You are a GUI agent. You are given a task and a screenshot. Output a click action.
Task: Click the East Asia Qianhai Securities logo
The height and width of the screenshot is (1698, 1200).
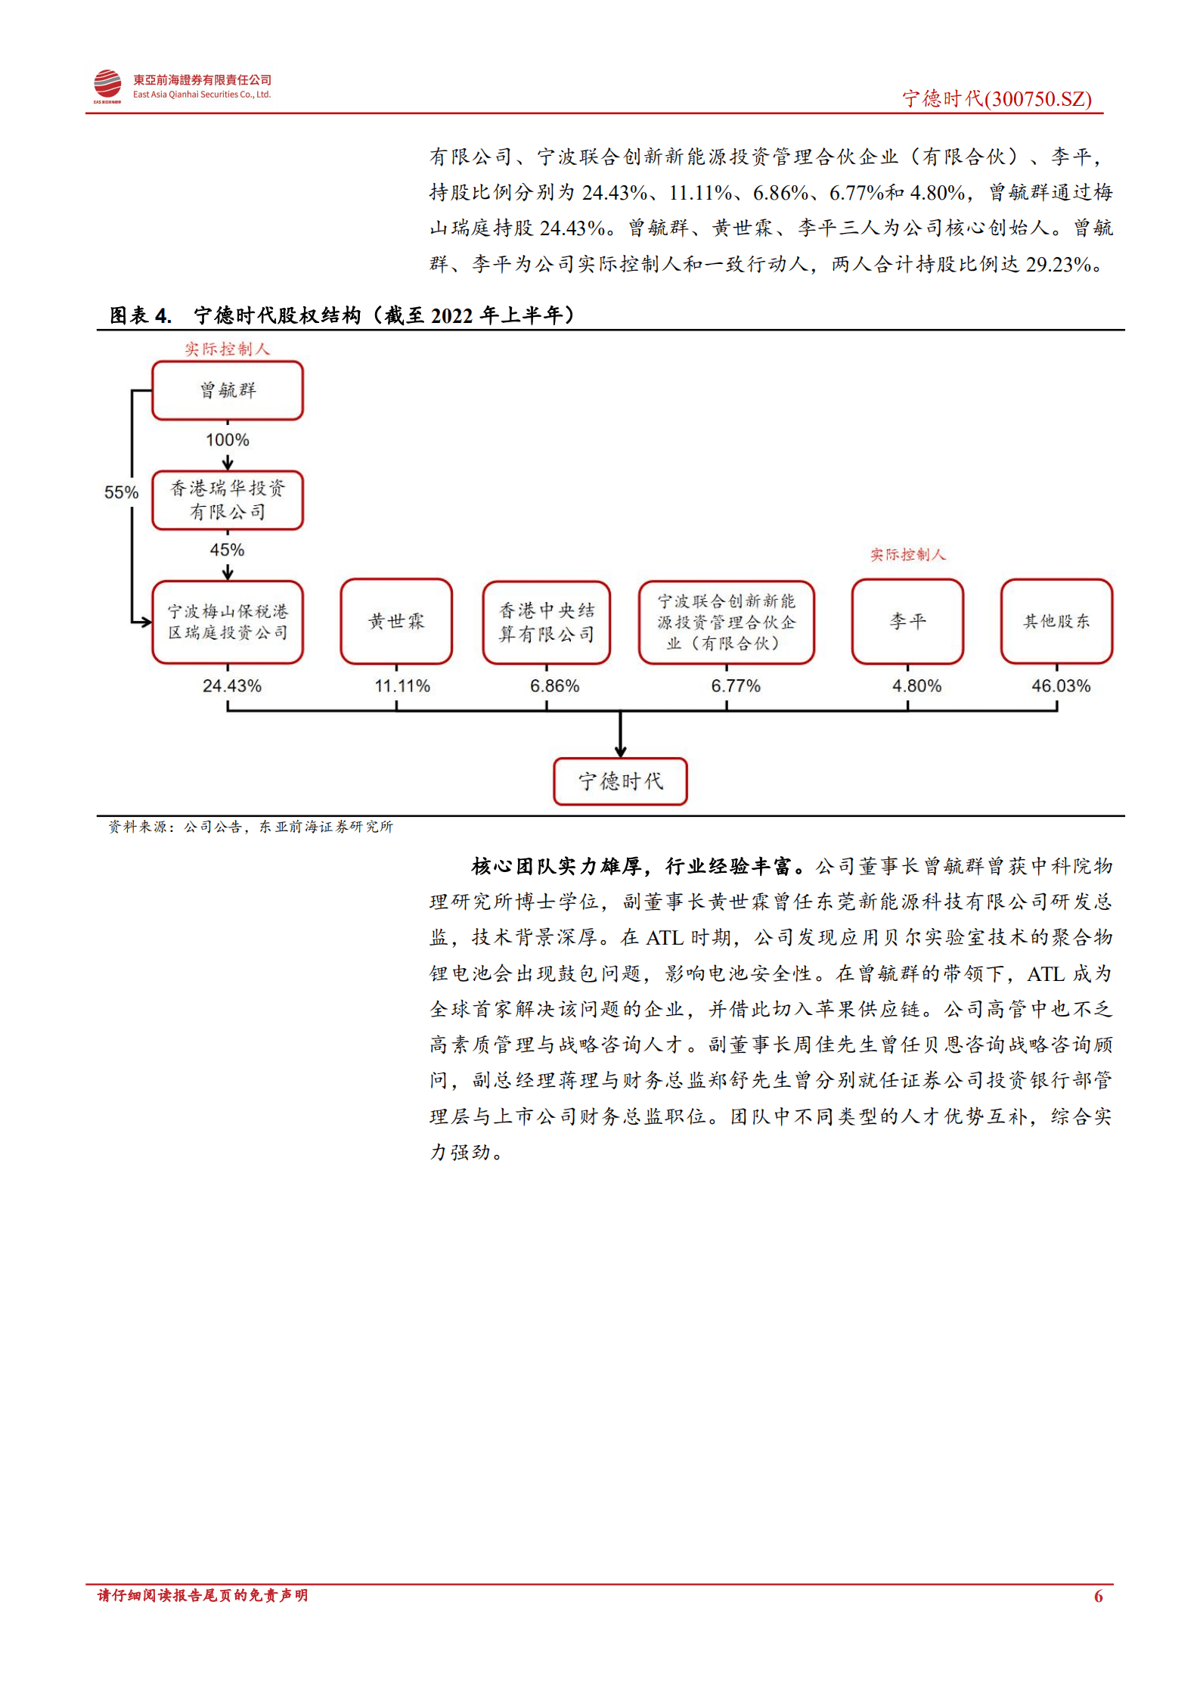107,86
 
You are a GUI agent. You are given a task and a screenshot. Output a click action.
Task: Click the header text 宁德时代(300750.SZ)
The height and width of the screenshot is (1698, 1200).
997,99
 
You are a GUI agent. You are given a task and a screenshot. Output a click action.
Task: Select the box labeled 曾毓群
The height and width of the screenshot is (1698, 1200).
228,390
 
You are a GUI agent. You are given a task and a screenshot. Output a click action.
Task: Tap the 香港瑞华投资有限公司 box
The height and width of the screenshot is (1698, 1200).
228,500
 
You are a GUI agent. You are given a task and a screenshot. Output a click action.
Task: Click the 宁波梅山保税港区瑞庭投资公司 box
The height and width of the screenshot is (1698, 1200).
228,622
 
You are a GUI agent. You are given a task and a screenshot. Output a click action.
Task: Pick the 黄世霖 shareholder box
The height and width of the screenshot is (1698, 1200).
396,622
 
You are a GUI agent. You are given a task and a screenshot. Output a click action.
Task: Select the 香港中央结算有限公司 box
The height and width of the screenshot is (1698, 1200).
546,622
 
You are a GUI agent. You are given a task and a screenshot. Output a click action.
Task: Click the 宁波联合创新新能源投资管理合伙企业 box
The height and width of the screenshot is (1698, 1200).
726,622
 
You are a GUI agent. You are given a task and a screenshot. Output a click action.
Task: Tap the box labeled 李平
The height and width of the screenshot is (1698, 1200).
907,622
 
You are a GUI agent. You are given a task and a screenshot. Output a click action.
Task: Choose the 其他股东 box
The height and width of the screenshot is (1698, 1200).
1056,622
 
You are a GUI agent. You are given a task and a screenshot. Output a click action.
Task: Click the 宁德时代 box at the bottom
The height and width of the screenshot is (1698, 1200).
620,781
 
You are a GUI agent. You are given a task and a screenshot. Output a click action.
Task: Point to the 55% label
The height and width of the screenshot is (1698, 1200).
121,492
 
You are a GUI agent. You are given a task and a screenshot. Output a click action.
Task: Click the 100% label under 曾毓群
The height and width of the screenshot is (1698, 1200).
227,440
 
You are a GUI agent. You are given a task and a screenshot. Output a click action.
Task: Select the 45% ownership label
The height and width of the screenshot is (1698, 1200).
227,550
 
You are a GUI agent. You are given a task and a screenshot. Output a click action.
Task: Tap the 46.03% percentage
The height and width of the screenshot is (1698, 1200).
1061,686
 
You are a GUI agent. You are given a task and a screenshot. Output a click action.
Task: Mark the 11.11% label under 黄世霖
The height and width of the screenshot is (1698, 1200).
402,686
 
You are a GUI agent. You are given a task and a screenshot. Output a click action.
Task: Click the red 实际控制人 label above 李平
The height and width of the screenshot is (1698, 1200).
907,554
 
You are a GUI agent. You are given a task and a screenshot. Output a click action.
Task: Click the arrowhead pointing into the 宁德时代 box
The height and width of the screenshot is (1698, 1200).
620,751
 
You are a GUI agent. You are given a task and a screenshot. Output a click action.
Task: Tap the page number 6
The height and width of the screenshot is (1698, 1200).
1098,1596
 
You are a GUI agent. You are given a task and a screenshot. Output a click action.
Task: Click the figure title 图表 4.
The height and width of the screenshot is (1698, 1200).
141,315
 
